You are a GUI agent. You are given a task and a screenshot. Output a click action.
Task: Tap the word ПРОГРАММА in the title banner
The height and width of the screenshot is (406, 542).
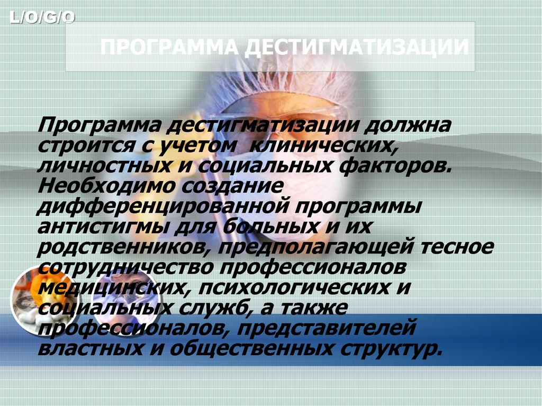[169, 48]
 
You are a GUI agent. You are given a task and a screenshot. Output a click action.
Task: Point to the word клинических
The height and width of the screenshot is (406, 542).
[322, 145]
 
